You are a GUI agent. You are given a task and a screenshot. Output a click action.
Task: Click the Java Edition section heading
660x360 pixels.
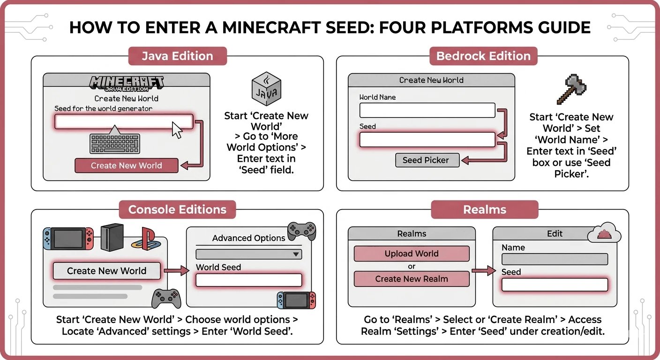coord(177,56)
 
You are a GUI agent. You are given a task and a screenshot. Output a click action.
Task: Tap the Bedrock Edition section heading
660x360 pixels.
coord(483,56)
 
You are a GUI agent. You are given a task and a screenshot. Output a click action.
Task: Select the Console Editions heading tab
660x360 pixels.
coord(177,210)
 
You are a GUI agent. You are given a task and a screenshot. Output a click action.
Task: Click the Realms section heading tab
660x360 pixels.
coord(484,210)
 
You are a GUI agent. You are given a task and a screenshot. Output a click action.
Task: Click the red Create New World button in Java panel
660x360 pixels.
coord(126,165)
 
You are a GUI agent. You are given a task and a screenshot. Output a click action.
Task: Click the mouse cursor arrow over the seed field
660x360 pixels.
coord(177,129)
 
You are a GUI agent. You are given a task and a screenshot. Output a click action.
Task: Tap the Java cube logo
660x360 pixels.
coord(266,90)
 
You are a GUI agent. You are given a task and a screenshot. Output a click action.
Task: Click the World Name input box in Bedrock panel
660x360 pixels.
coord(427,111)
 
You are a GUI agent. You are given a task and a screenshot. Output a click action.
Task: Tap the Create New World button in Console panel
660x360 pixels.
coord(106,271)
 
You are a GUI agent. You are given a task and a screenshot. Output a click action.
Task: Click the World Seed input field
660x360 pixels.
coord(248,280)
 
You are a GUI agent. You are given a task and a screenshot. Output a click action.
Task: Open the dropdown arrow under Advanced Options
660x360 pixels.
coord(296,254)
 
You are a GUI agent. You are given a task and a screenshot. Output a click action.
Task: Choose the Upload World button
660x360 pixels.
coord(411,254)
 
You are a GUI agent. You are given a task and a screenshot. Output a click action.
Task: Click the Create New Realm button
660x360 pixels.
coord(411,279)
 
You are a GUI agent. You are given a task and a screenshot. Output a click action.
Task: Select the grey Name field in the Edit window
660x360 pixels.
coord(555,259)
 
